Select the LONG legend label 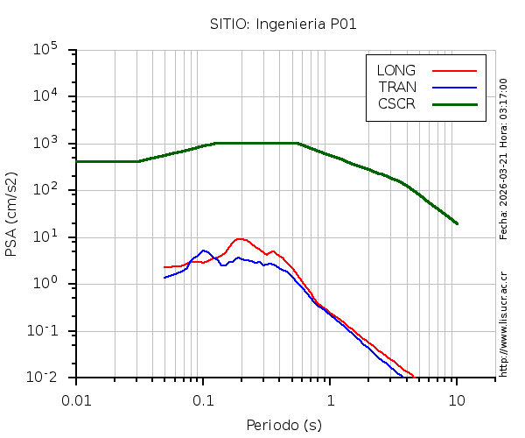(395, 70)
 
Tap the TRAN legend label (396, 87)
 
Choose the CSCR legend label (396, 103)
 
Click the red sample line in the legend (454, 70)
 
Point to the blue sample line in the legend (454, 87)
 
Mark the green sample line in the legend (454, 103)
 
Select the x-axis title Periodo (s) (283, 425)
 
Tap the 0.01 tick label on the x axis (76, 399)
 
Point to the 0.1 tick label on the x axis (203, 399)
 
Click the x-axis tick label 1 (330, 399)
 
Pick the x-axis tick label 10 (457, 399)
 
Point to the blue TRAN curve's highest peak (204, 251)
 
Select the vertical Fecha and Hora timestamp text (503, 158)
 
